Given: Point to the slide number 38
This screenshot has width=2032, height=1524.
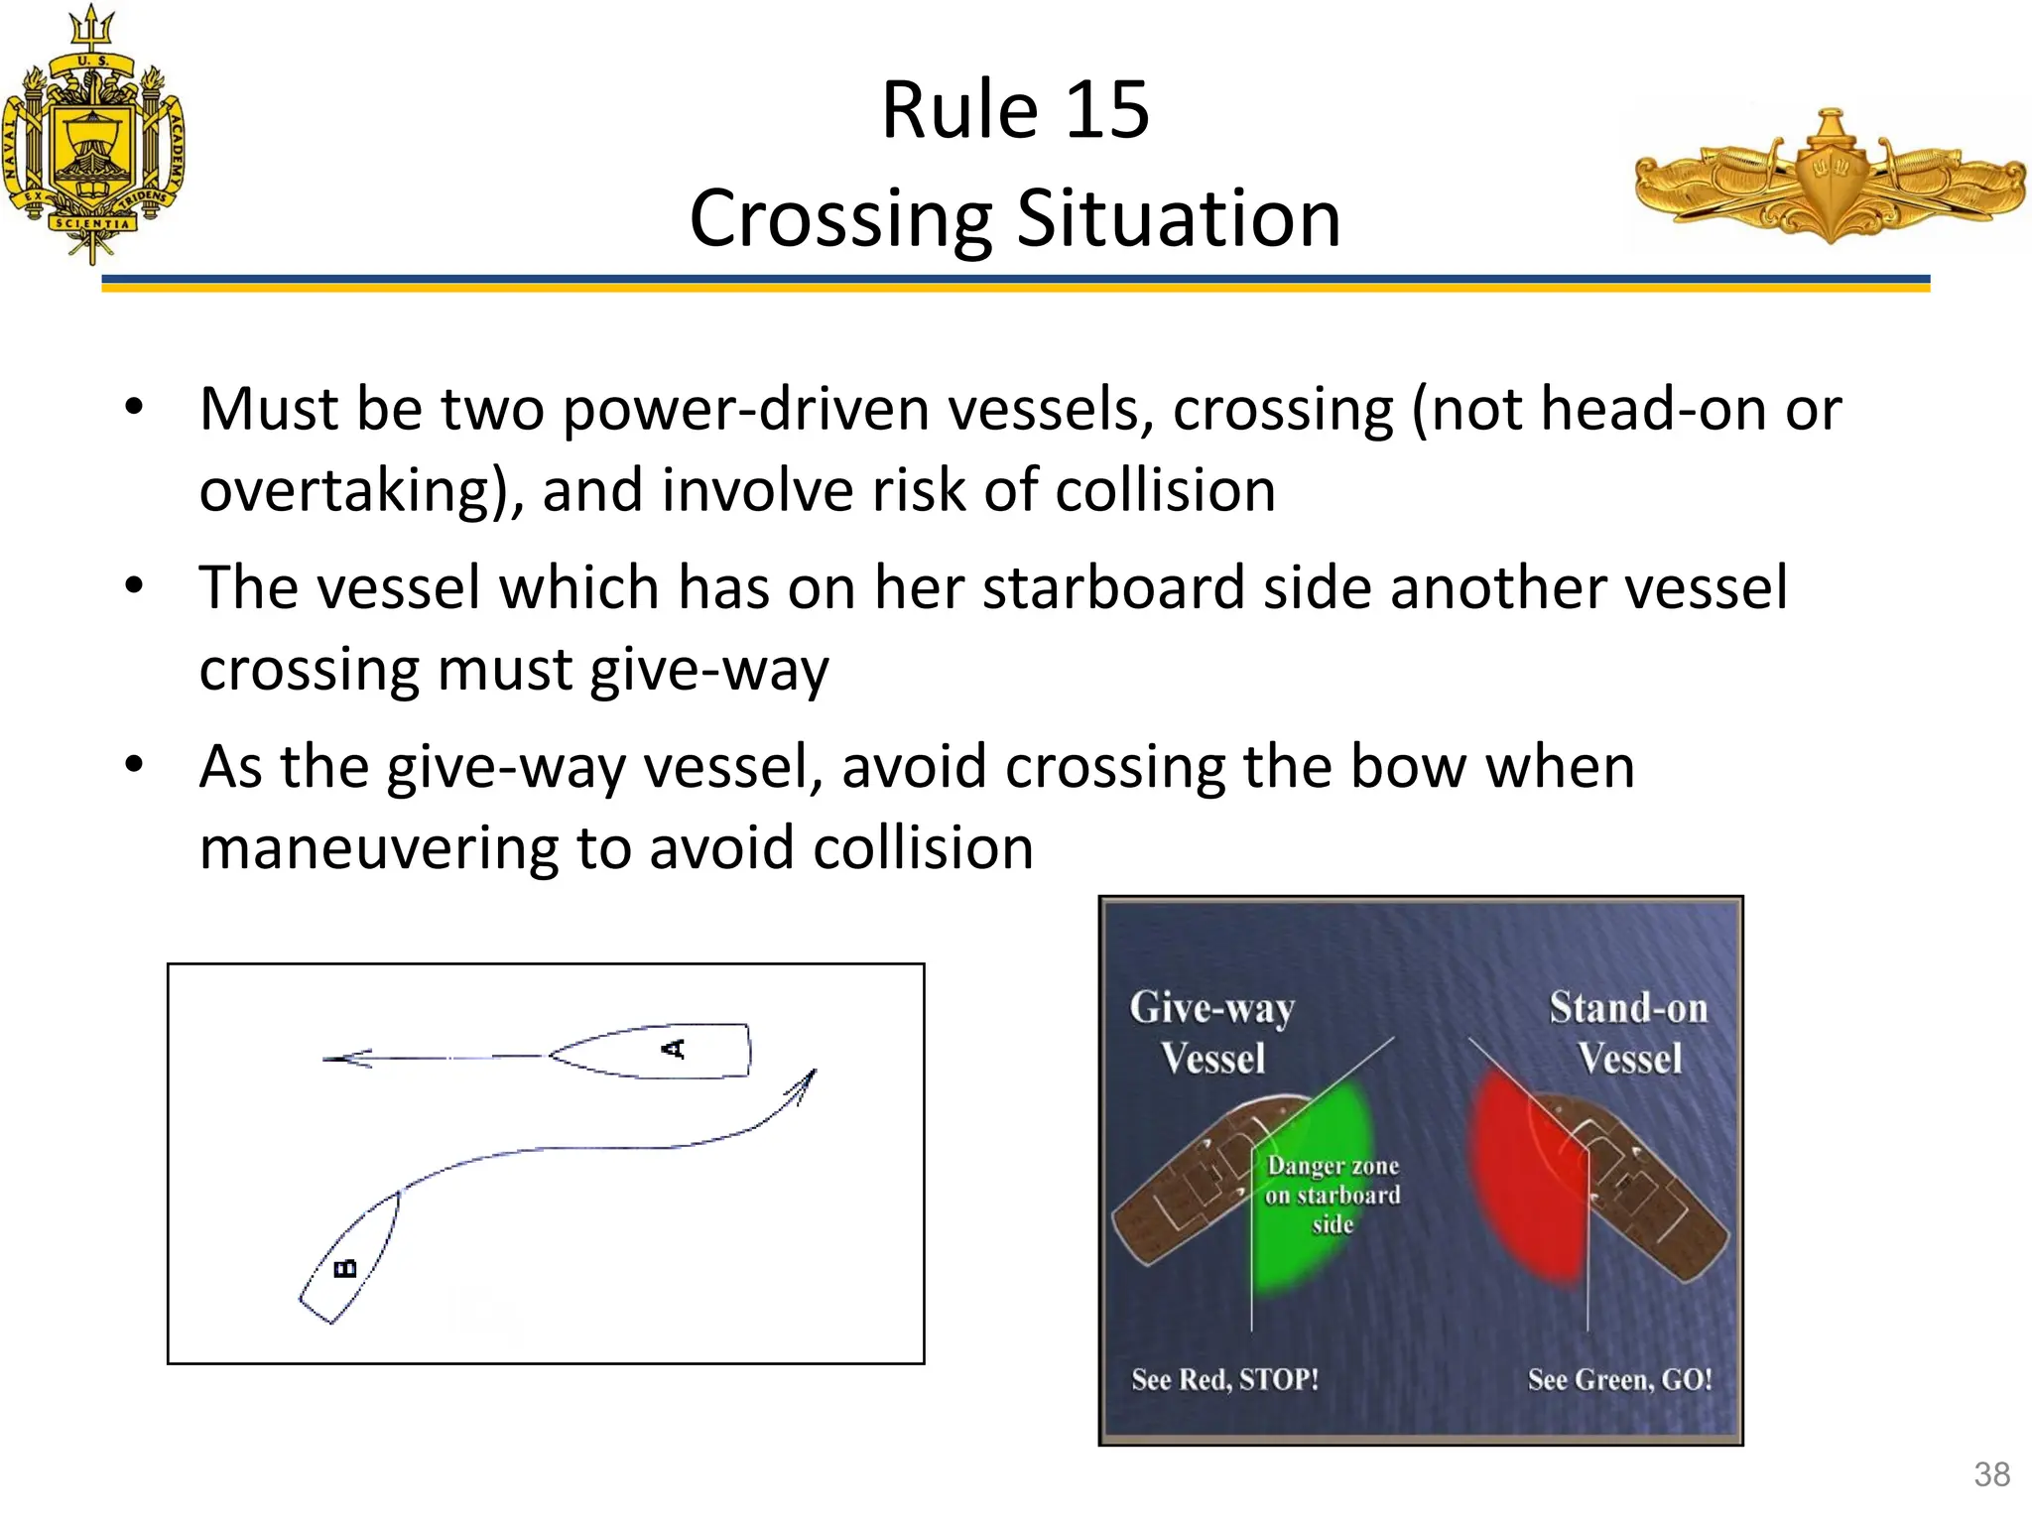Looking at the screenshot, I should [1991, 1474].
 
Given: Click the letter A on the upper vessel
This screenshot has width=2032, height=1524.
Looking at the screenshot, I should [675, 1049].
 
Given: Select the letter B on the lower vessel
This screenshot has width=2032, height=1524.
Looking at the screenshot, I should [345, 1268].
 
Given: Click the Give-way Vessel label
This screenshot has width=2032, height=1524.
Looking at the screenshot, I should [1212, 1033].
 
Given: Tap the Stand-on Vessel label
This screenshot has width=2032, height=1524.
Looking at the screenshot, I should [1628, 1033].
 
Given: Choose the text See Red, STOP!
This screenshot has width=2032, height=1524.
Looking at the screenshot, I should [1225, 1380].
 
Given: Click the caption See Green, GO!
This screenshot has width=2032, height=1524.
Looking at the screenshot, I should [1619, 1380].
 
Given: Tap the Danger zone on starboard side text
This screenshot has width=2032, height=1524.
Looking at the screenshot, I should [1333, 1195].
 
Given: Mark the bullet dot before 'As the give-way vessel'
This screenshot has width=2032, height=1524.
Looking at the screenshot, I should [135, 765].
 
